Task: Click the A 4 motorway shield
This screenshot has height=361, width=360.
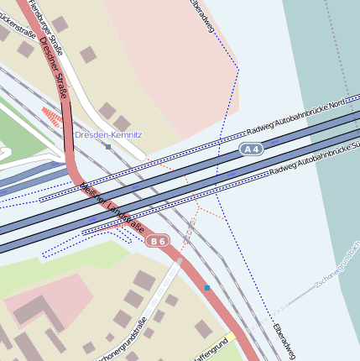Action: (x=252, y=149)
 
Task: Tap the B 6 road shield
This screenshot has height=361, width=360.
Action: (x=157, y=242)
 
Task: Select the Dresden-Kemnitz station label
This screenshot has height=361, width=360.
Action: (x=108, y=134)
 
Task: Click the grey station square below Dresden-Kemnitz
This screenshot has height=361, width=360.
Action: (x=108, y=147)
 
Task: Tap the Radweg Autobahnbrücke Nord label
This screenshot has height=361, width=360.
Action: (x=296, y=119)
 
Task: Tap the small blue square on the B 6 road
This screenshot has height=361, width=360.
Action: (x=206, y=288)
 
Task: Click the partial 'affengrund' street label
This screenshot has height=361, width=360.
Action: (x=210, y=350)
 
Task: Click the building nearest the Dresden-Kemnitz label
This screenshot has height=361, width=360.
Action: (x=107, y=111)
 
